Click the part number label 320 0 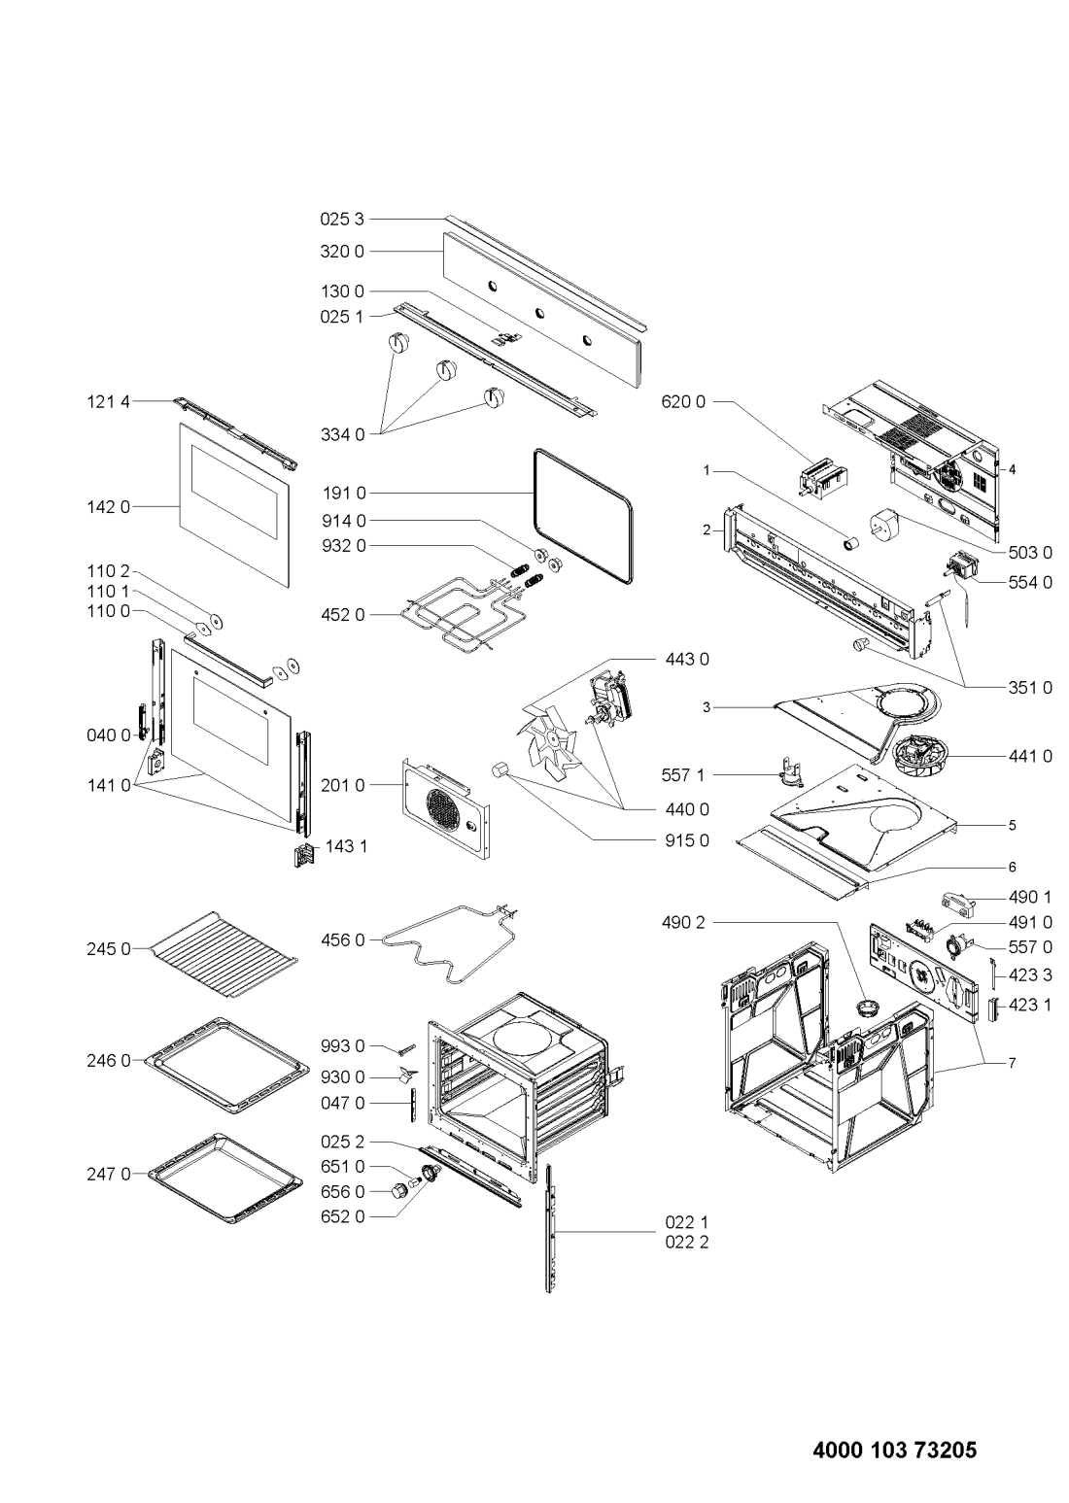(x=342, y=252)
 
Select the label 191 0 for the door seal (x=343, y=494)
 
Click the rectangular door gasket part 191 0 (x=583, y=517)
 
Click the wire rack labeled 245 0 (x=224, y=954)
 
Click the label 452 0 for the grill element (x=343, y=615)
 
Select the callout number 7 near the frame (x=1012, y=1063)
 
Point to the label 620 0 (x=683, y=402)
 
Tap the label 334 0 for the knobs (x=343, y=435)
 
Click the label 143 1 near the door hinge (x=346, y=846)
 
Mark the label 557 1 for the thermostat (x=683, y=775)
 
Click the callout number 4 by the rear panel (x=1012, y=469)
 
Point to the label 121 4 (x=109, y=401)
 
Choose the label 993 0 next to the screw (x=343, y=1045)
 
